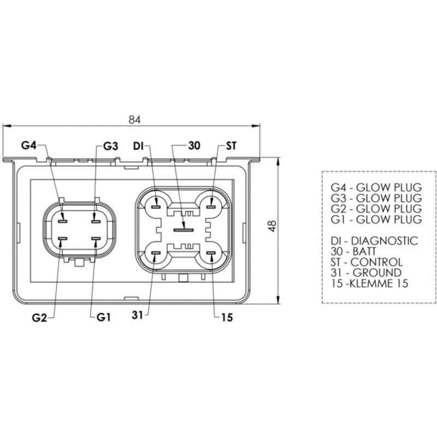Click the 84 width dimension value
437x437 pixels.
tap(134, 120)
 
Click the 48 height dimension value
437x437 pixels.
tap(272, 226)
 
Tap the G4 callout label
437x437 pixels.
tap(29, 145)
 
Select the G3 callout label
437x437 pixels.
tap(111, 146)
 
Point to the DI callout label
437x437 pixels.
tap(138, 146)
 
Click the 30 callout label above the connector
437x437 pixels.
tap(194, 145)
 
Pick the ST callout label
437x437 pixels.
tap(231, 146)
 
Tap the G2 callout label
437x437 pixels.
tap(39, 318)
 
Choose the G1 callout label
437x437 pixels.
tap(104, 317)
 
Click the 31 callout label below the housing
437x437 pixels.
tap(138, 315)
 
